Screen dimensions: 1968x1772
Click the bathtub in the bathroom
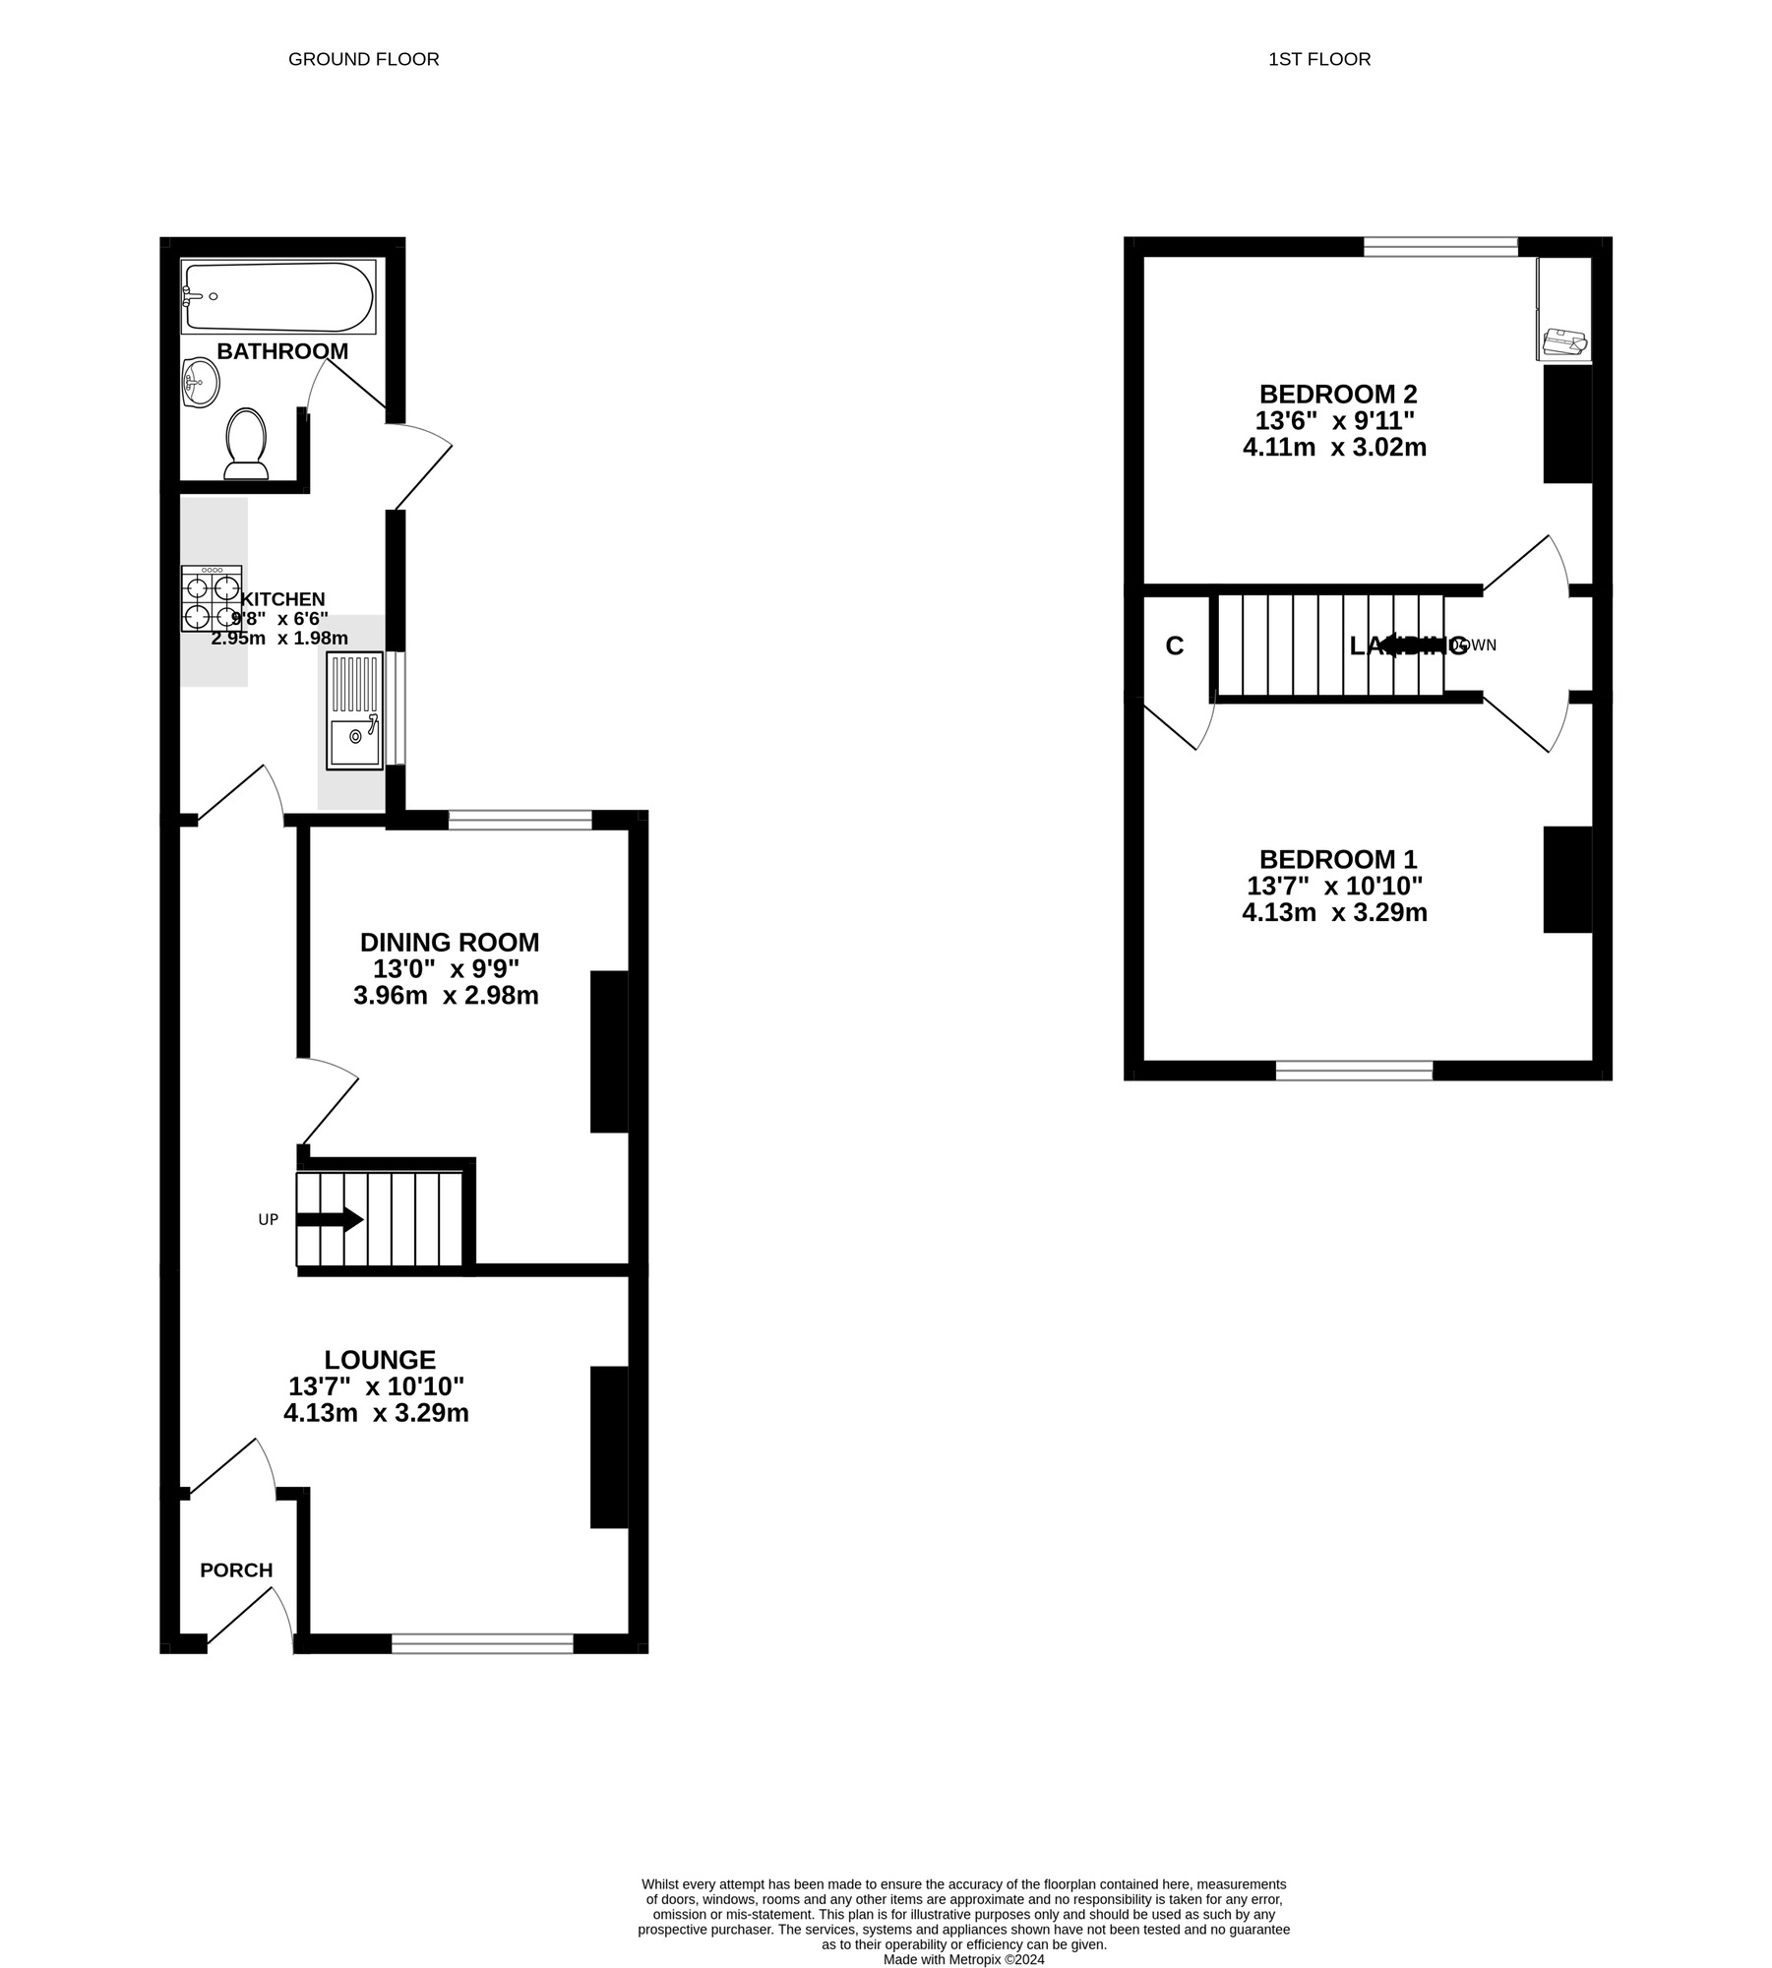point(278,296)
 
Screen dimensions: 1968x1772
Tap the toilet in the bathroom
point(246,445)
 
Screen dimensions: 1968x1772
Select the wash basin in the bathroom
point(200,380)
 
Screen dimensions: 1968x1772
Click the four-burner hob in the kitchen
point(212,598)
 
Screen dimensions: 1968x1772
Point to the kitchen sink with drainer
point(354,710)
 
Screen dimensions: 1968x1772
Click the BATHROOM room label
point(282,351)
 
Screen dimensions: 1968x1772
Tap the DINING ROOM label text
point(450,943)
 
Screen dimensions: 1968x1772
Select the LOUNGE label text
point(380,1360)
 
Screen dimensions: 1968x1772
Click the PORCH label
point(236,1570)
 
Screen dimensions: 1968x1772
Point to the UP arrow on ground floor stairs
point(330,1220)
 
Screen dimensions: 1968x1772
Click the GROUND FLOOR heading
point(363,59)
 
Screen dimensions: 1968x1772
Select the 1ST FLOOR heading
point(1318,59)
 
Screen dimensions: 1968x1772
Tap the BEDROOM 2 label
point(1338,395)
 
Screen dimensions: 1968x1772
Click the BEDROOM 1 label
point(1338,859)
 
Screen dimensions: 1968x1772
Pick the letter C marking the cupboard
point(1174,646)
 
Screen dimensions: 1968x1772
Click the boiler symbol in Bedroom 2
point(1563,341)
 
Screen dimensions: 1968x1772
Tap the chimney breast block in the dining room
point(609,1051)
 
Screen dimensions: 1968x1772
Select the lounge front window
point(482,1642)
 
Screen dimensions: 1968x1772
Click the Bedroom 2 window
point(1440,247)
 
